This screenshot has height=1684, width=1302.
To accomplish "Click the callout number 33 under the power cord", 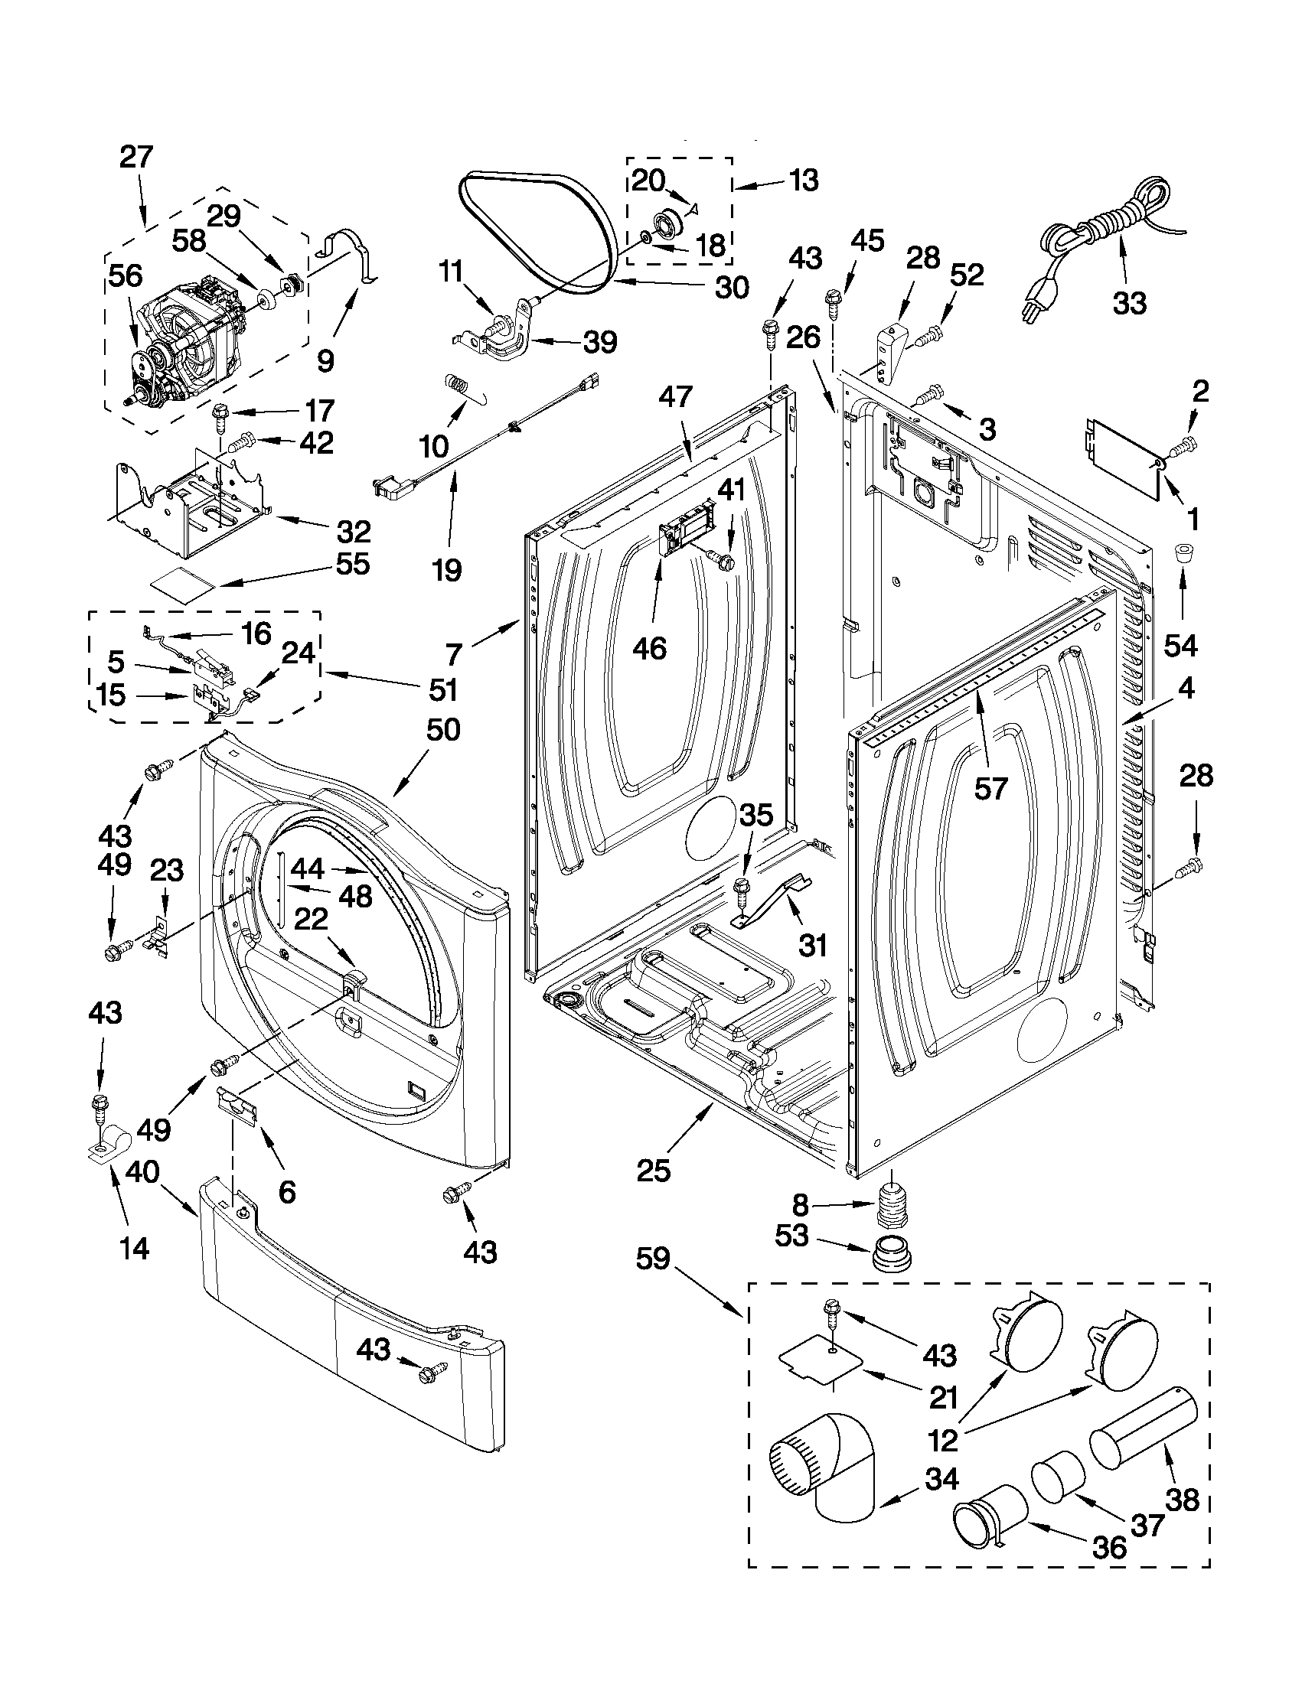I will (x=1129, y=302).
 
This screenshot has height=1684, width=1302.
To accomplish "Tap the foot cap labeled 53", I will (x=892, y=1255).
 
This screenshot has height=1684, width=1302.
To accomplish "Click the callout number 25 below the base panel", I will (x=654, y=1170).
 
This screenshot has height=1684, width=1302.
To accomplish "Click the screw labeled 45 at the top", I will (x=833, y=301).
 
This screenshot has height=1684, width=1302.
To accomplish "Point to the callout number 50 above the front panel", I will (x=442, y=729).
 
